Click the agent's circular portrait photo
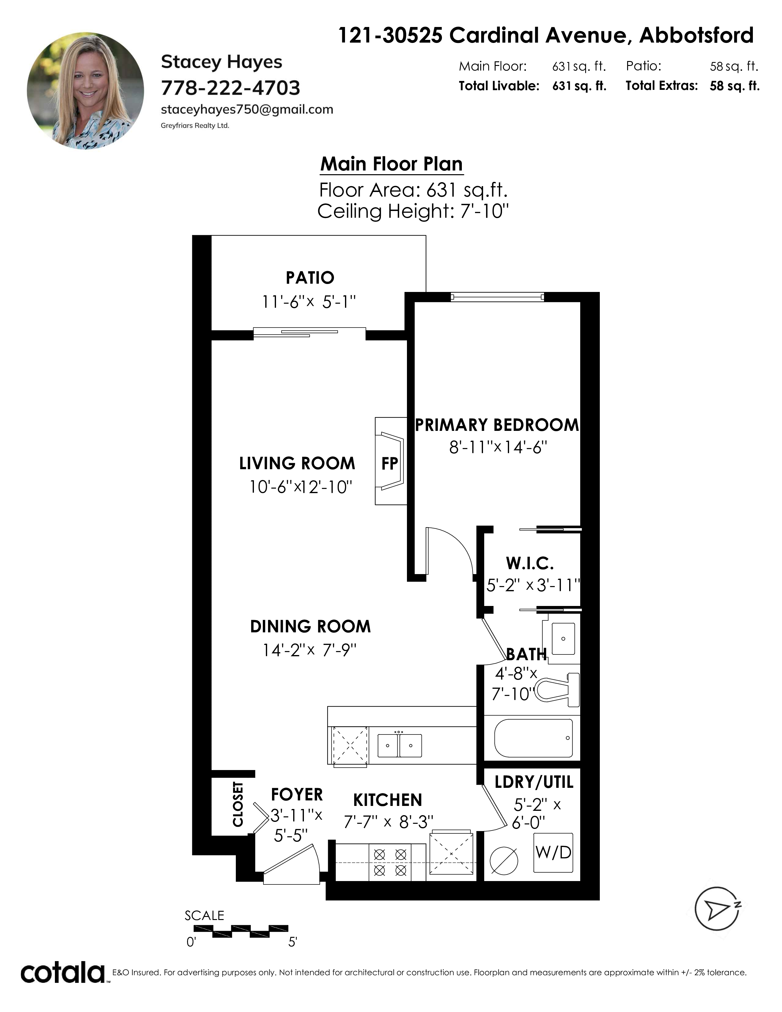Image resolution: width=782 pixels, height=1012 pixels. (x=85, y=91)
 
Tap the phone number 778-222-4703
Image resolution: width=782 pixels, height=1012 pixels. (x=230, y=88)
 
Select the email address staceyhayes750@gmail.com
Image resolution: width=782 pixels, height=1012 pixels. (x=247, y=110)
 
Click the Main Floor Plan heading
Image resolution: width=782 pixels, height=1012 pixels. (x=392, y=164)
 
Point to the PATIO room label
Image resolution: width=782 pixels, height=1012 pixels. (x=310, y=278)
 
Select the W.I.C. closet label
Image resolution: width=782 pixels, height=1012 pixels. (x=530, y=563)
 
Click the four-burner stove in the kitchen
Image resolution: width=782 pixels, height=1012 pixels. (x=390, y=862)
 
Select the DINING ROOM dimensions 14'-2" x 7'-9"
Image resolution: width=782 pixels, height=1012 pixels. (x=309, y=650)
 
